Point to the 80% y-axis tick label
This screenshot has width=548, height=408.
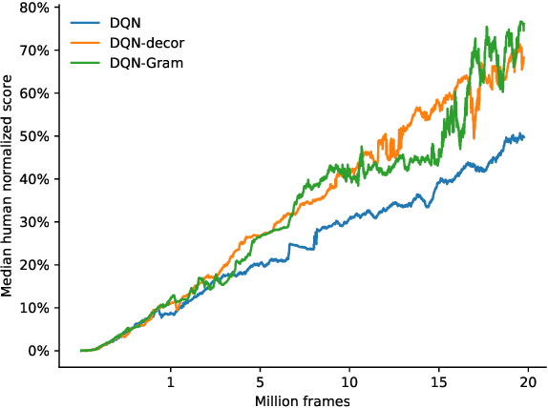point(36,8)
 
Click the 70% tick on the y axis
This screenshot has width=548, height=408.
point(36,51)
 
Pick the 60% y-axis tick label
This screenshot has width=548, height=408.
point(36,93)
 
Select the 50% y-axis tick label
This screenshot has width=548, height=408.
point(36,136)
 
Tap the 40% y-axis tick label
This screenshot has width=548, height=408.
point(36,179)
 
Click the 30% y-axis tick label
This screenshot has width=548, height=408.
point(36,222)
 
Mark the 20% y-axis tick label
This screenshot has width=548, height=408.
point(36,265)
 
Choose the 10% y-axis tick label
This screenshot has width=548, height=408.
point(36,308)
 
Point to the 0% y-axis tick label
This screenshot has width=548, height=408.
point(39,351)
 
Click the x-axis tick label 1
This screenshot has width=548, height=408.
point(171,380)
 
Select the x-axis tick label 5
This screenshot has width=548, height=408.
point(261,380)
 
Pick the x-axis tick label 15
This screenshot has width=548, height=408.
point(438,380)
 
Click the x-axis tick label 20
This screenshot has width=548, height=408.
point(527,380)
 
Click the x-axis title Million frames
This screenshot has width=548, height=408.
point(302,399)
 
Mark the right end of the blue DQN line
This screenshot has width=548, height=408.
point(524,137)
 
